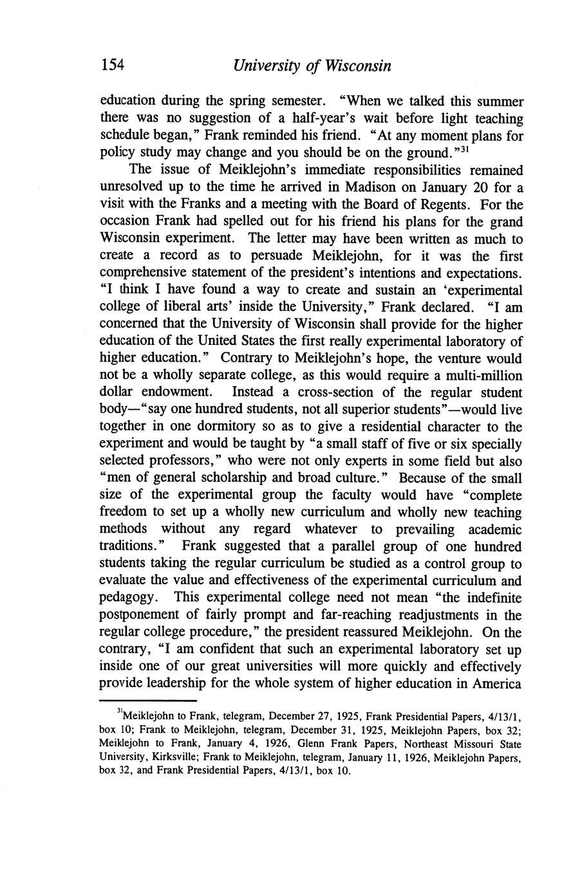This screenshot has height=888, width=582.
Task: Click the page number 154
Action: pos(111,66)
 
